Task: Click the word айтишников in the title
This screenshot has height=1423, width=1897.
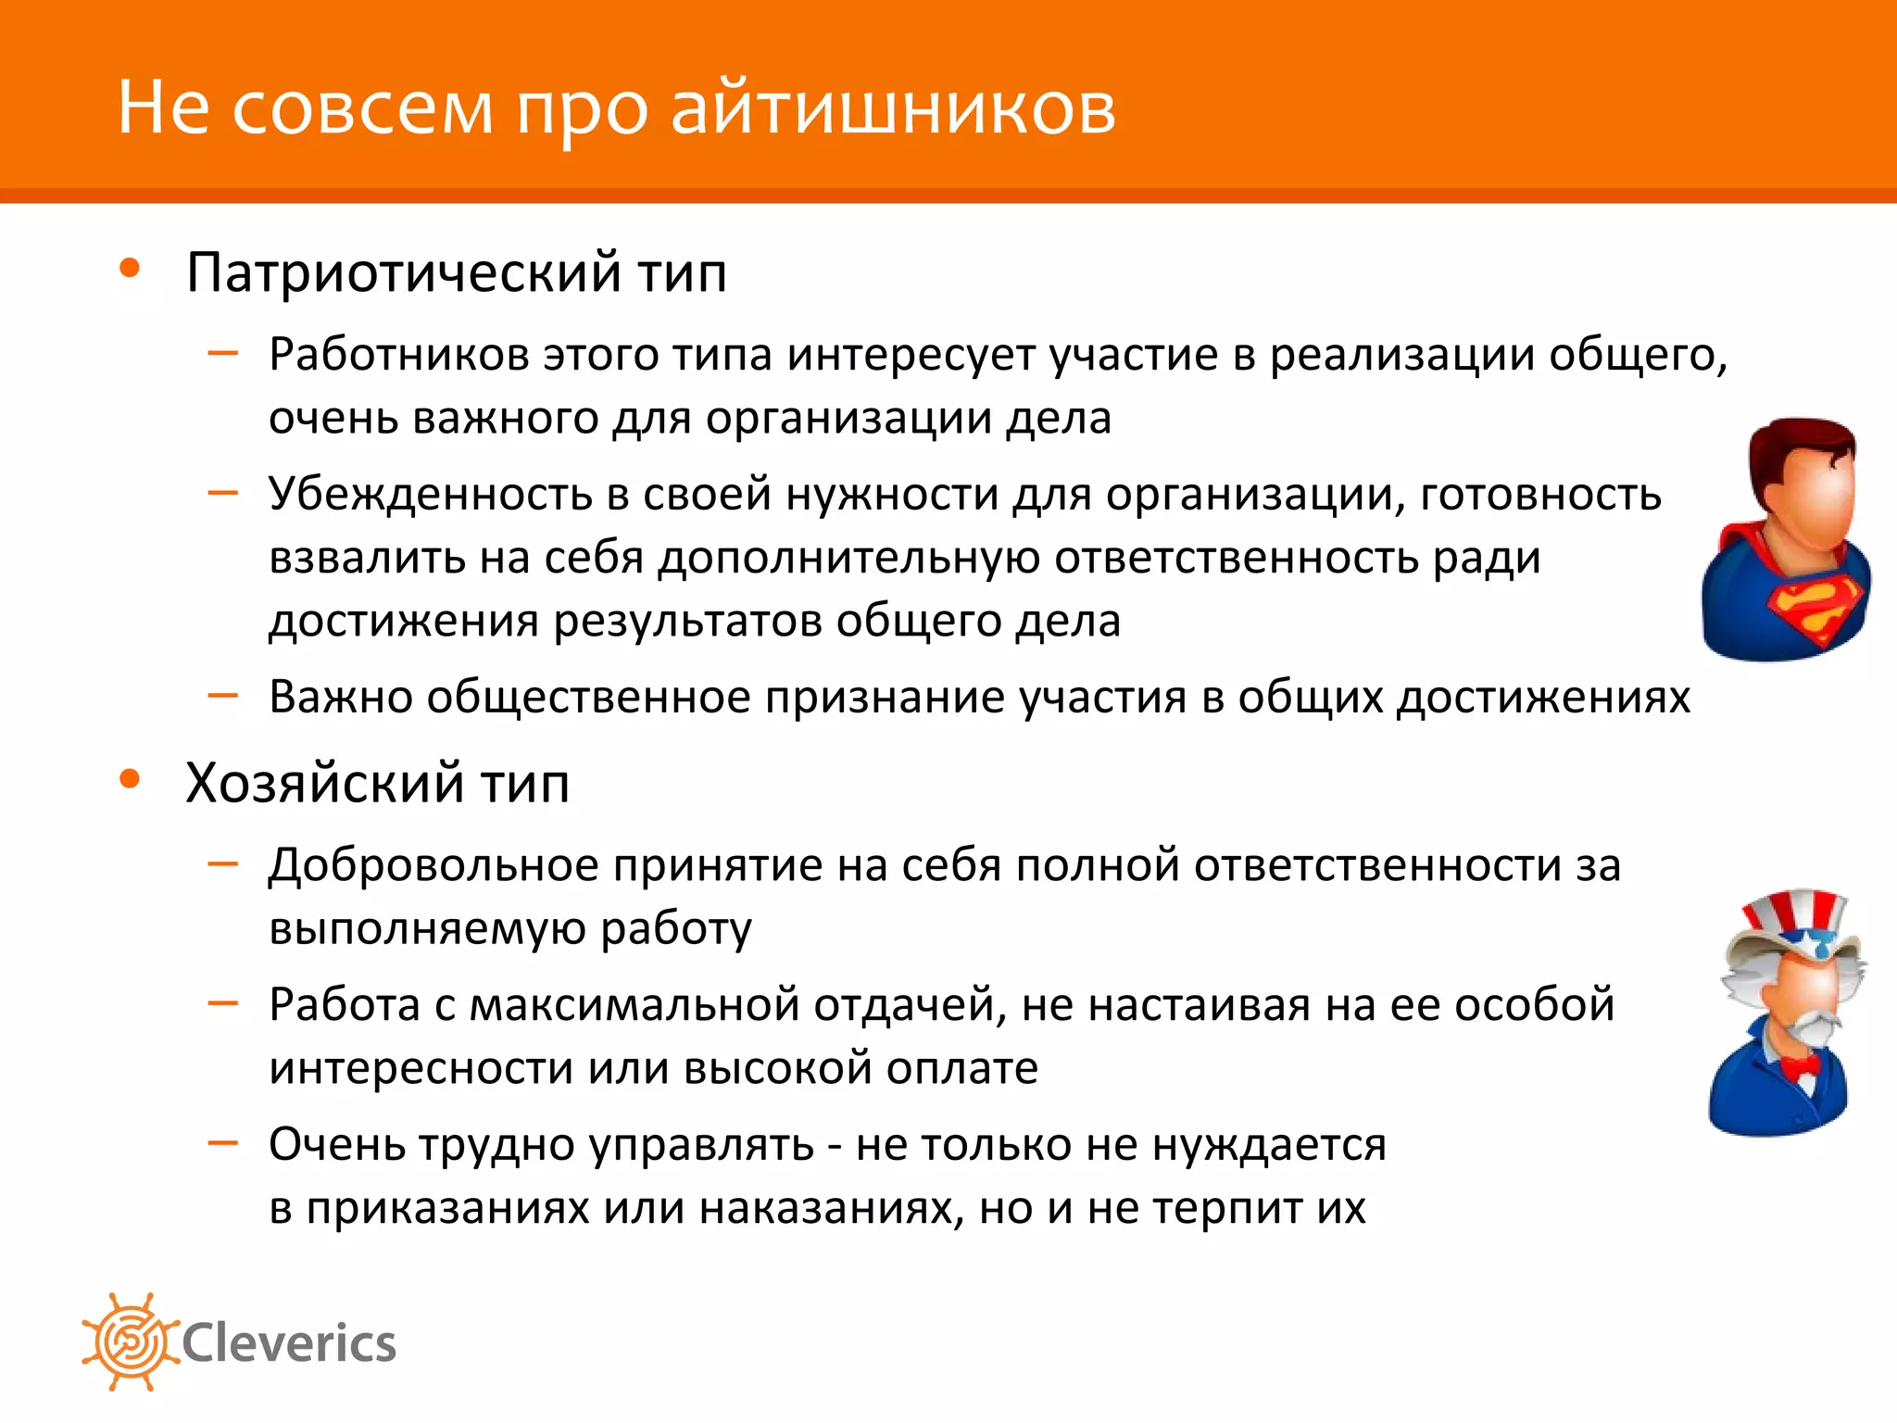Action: (x=893, y=109)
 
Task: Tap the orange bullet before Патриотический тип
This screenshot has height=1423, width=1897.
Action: (x=130, y=269)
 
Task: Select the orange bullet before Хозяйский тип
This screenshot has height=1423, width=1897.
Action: (x=130, y=779)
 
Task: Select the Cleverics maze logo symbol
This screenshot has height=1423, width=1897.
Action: (x=130, y=1341)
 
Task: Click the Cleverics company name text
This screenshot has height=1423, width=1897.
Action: (x=289, y=1343)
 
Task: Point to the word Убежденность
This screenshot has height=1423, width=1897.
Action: (x=430, y=494)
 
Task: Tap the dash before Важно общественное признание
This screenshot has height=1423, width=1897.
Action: (x=223, y=695)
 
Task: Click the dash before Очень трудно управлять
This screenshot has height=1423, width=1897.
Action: (x=223, y=1143)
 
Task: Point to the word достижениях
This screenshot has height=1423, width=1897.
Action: (x=1543, y=698)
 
